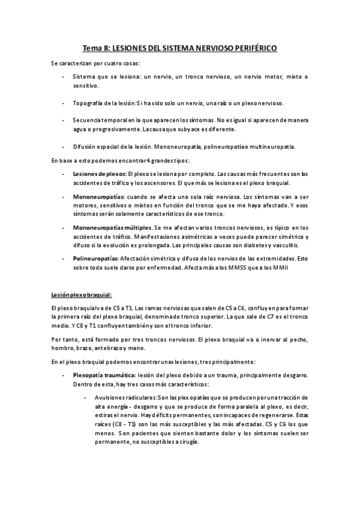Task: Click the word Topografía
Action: click(90, 103)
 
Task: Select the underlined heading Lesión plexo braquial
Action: click(81, 294)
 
